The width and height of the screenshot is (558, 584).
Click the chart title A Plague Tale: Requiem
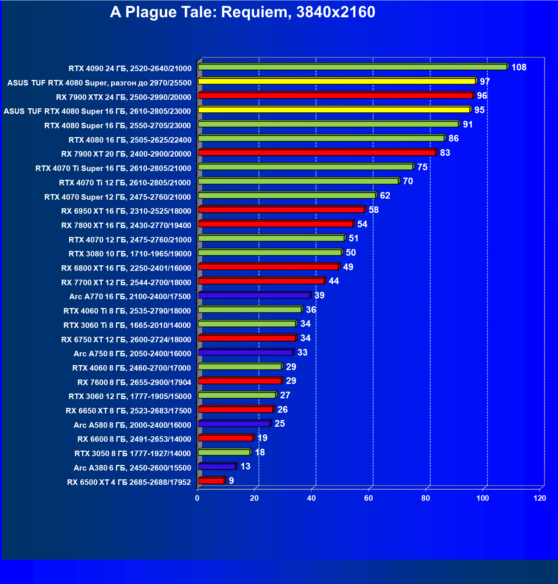pyautogui.click(x=243, y=12)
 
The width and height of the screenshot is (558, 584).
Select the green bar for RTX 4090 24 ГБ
pyautogui.click(x=352, y=67)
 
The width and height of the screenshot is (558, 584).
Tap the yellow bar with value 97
pyautogui.click(x=337, y=81)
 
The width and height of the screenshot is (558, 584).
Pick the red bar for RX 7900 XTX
pyautogui.click(x=335, y=95)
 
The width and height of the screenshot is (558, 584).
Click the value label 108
pyautogui.click(x=519, y=67)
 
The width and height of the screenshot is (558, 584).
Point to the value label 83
pyautogui.click(x=445, y=153)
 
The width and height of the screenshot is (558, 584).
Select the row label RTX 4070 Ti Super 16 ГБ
pyautogui.click(x=113, y=168)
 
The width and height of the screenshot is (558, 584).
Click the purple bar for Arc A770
pyautogui.click(x=254, y=296)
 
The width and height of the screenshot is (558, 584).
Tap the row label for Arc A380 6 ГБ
pyautogui.click(x=132, y=468)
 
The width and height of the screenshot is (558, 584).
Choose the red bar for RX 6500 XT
pyautogui.click(x=211, y=481)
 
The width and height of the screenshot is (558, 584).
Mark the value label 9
pyautogui.click(x=231, y=481)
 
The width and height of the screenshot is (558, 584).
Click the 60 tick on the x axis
pyautogui.click(x=368, y=498)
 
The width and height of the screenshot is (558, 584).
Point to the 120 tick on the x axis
pyautogui.click(x=540, y=498)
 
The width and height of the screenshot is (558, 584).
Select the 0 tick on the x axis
pyautogui.click(x=197, y=498)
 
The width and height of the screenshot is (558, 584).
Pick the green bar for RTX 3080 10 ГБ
pyautogui.click(x=270, y=252)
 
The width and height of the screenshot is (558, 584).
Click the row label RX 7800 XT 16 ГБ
pyautogui.click(x=126, y=225)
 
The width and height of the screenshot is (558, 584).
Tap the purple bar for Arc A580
pyautogui.click(x=234, y=424)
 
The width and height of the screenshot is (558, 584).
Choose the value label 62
pyautogui.click(x=385, y=196)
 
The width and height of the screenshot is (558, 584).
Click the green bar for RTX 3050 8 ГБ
pyautogui.click(x=224, y=452)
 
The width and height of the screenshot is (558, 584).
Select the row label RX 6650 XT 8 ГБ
pyautogui.click(x=128, y=411)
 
